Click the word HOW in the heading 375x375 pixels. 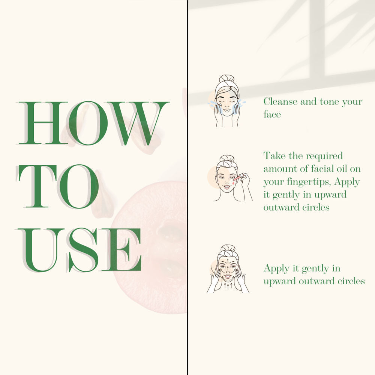(94, 123)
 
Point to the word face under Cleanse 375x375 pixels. (272, 114)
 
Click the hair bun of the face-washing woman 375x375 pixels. (226, 78)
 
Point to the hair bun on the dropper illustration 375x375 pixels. (227, 158)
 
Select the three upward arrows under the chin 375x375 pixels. (228, 285)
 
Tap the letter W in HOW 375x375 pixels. (138, 123)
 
